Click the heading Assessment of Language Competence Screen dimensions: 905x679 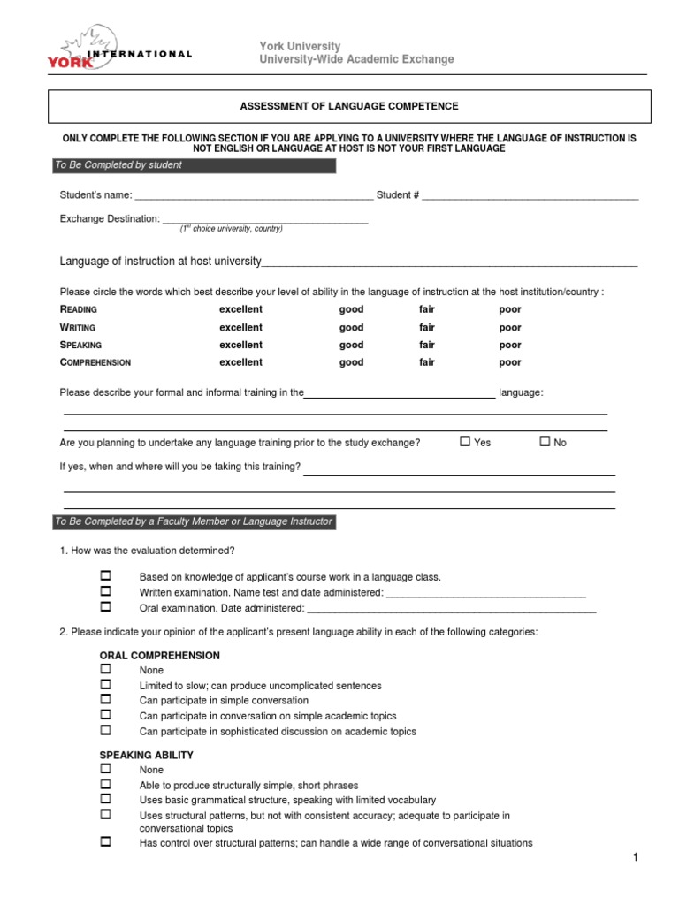[349, 106]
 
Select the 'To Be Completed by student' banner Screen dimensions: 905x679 [193, 165]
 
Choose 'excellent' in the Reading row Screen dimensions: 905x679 [240, 309]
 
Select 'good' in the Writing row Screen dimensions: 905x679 [351, 327]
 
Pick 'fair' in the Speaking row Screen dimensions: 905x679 [427, 345]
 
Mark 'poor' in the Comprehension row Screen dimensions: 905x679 [510, 362]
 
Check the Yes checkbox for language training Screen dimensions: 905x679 [465, 441]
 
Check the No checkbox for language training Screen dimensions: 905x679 [545, 441]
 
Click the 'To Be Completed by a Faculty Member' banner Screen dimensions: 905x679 [193, 521]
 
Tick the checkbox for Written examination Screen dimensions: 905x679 [105, 591]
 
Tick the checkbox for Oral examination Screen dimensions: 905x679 [105, 607]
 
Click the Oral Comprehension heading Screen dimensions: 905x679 [159, 656]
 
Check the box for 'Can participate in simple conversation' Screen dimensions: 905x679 [105, 700]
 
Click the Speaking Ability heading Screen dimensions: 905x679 [146, 756]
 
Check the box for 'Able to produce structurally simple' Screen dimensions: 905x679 [105, 784]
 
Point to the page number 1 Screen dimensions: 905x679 [635, 858]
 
